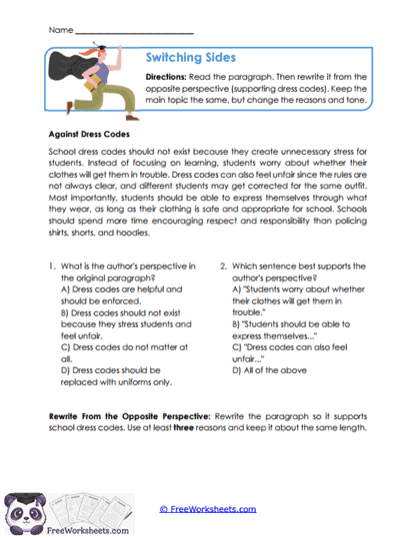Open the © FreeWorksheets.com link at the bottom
pos(207,509)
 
